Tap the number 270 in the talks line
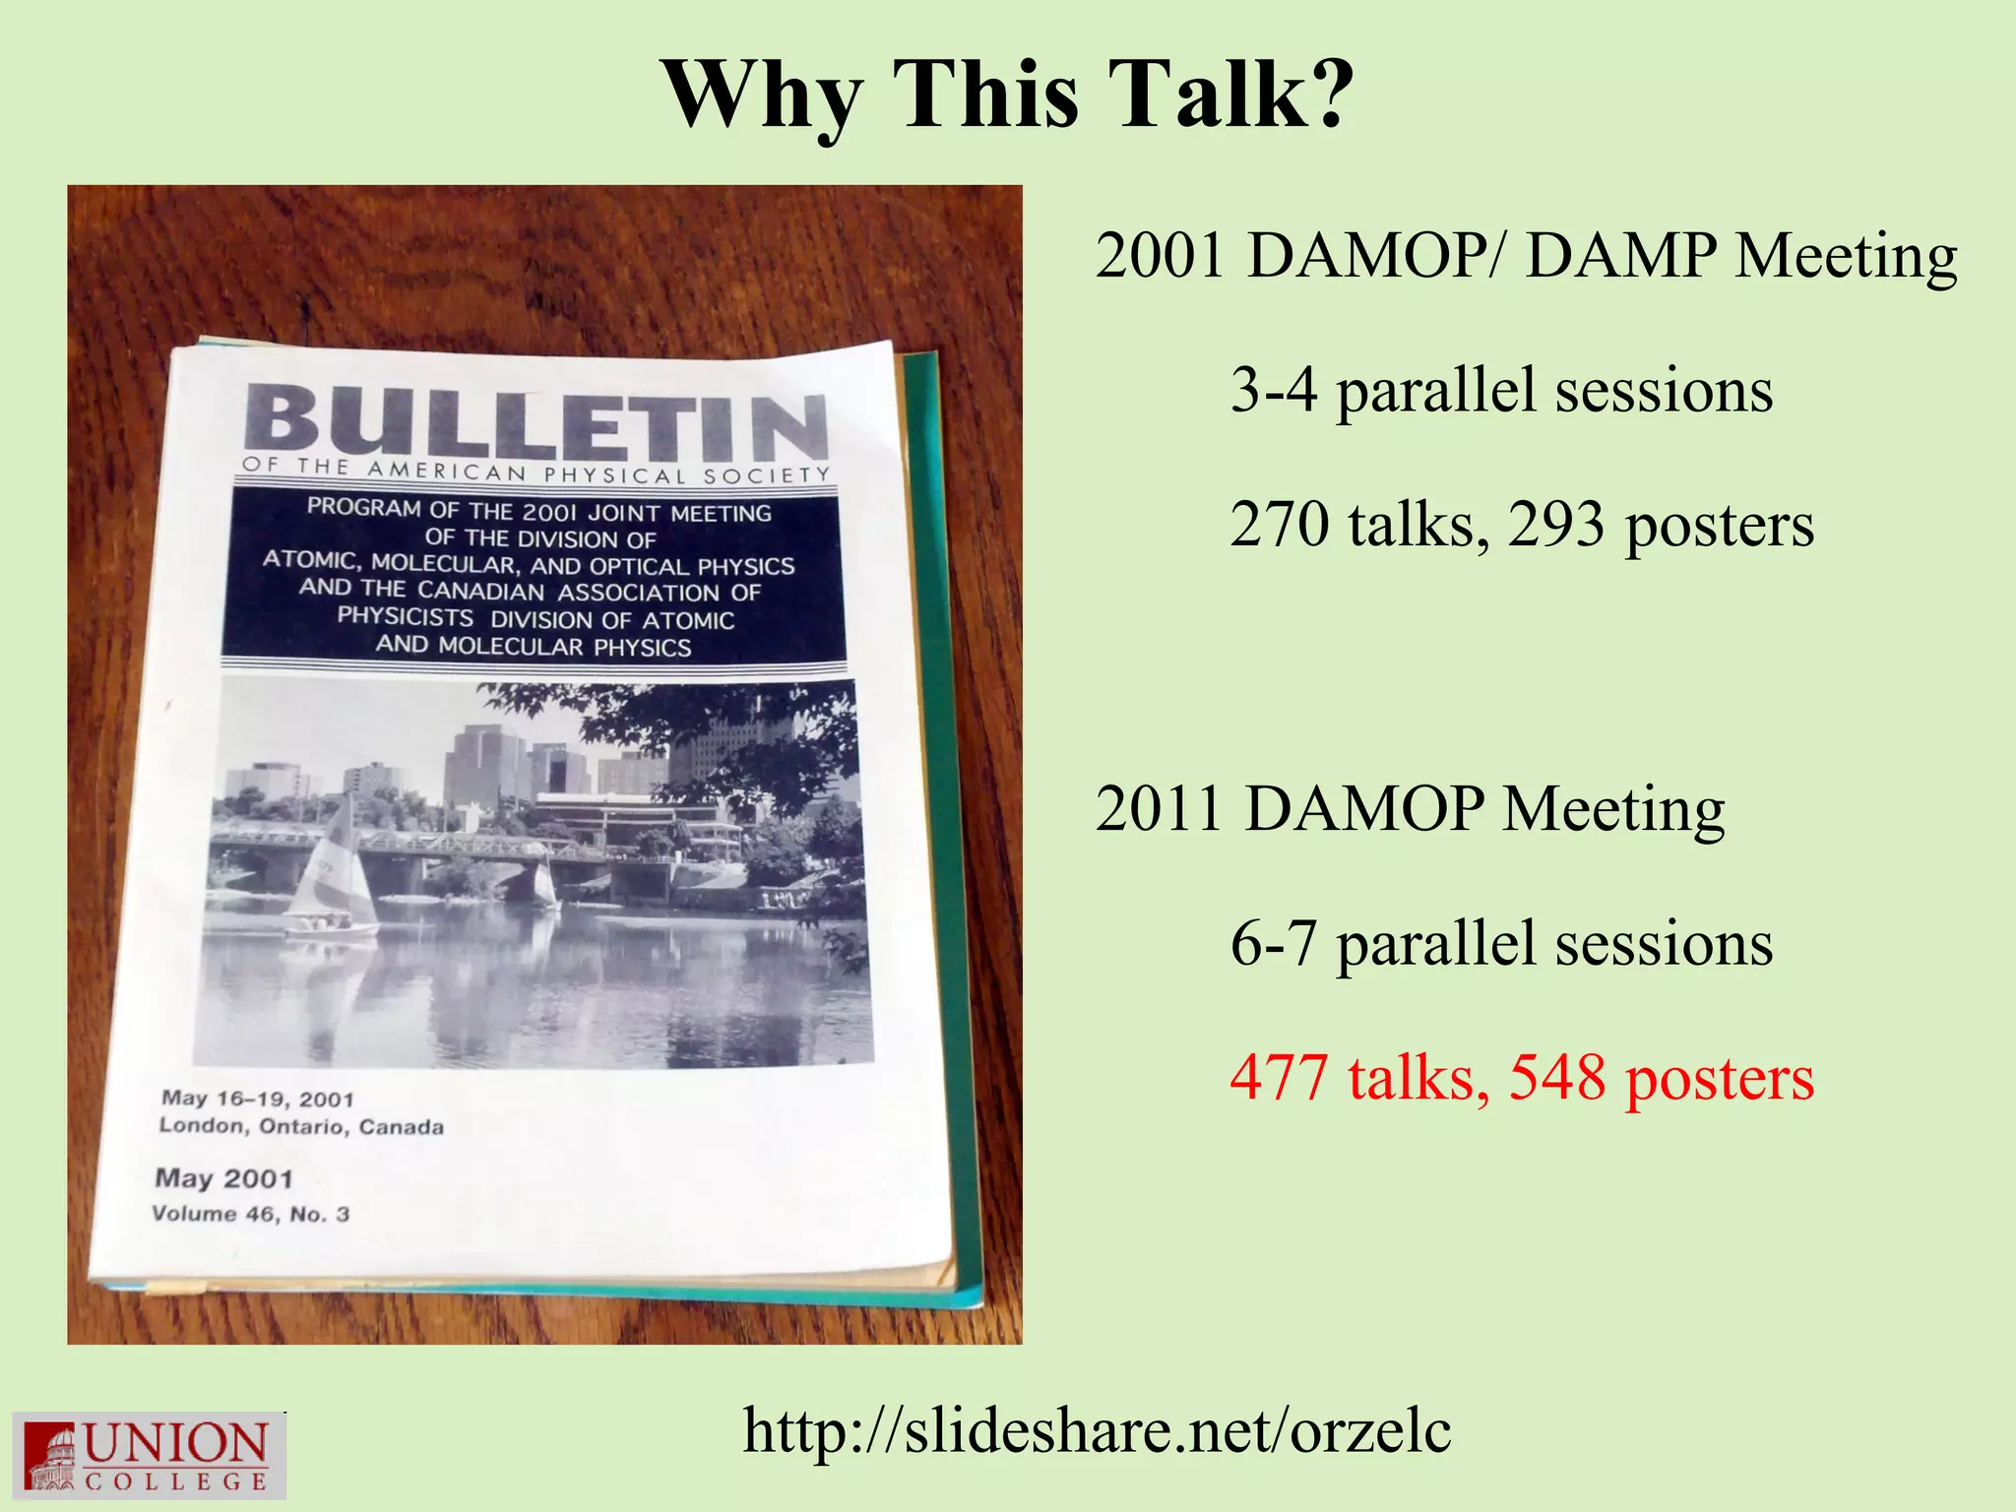[1279, 525]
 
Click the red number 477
[1279, 1078]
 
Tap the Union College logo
[149, 1455]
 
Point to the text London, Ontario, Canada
[301, 1126]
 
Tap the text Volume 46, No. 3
[250, 1214]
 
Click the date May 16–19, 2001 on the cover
[257, 1099]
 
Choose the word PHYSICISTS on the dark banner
[406, 617]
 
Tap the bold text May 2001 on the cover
[224, 1178]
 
